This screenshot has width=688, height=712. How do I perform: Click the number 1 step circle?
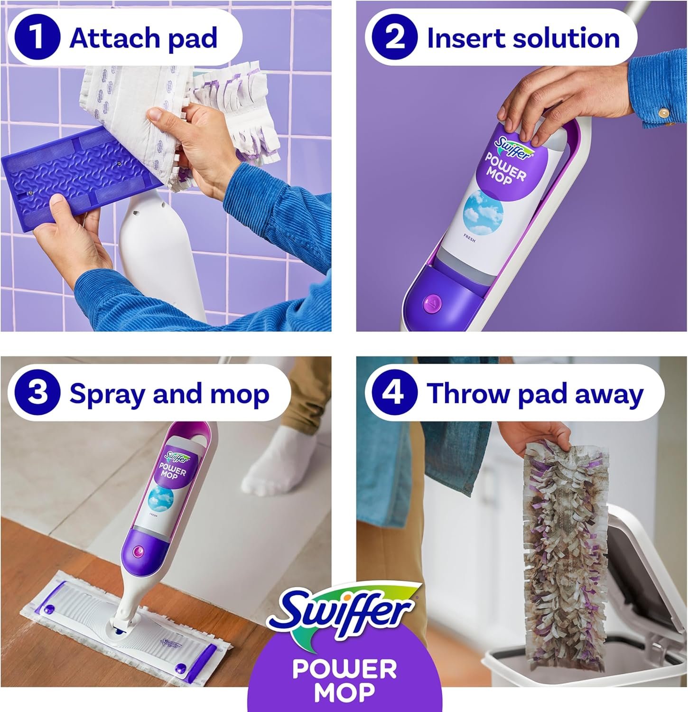point(37,37)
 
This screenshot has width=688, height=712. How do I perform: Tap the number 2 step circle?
point(394,37)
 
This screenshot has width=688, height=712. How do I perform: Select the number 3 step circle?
point(37,393)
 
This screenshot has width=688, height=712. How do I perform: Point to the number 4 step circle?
point(394,393)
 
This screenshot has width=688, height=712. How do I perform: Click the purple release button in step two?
point(432,302)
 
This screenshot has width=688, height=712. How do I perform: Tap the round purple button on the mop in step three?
point(139,551)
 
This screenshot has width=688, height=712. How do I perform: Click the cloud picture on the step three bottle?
point(160,498)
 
